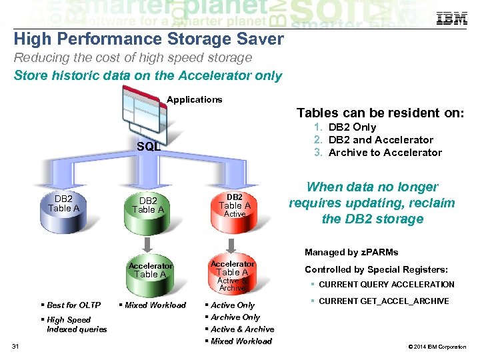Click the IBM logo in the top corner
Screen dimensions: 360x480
[x=451, y=19]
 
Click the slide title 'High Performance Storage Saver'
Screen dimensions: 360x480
[x=149, y=39]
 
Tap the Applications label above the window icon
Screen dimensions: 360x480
[x=194, y=100]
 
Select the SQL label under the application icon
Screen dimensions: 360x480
[x=148, y=147]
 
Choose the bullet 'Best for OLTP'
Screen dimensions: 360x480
[x=73, y=305]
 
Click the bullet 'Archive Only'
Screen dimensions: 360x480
[x=235, y=317]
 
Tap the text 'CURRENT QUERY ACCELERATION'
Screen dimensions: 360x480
[x=386, y=285]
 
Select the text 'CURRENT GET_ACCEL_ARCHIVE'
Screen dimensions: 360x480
[x=383, y=301]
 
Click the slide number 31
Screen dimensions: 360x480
[x=17, y=345]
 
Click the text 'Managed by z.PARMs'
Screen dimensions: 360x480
[x=351, y=253]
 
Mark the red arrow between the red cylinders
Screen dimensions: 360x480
[x=231, y=243]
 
